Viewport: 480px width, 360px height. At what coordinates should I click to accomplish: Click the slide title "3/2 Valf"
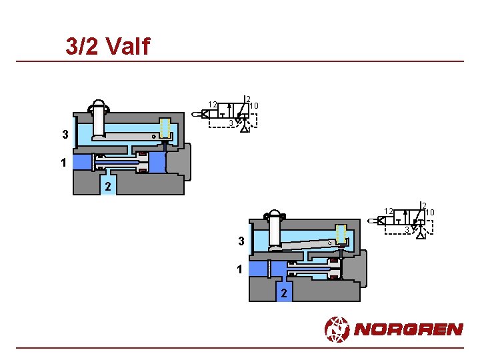point(108,46)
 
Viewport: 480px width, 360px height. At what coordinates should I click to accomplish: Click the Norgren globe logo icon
point(337,329)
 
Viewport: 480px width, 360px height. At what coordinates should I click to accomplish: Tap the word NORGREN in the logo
point(408,329)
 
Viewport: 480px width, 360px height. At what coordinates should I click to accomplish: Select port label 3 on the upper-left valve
point(65,134)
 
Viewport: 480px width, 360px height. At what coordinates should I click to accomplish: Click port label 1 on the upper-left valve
point(63,162)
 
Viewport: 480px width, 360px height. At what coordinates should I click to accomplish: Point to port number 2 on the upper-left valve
point(108,186)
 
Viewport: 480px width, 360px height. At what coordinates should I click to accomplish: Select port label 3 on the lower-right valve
point(241,241)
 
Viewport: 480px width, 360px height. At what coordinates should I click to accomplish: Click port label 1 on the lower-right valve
point(239,269)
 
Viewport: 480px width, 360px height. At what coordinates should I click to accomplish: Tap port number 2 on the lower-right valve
point(284,293)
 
